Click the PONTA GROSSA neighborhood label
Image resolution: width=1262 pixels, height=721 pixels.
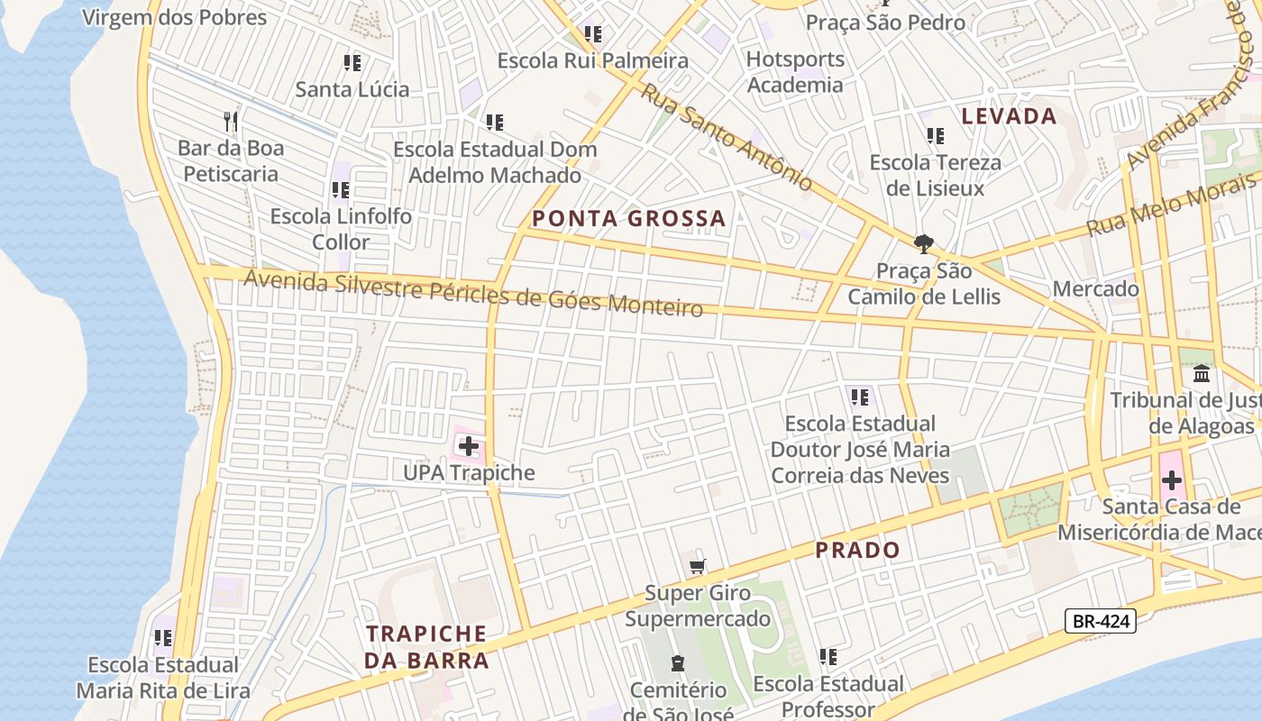(628, 218)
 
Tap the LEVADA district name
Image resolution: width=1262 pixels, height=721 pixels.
(1009, 115)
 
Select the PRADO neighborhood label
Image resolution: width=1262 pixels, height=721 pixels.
(857, 550)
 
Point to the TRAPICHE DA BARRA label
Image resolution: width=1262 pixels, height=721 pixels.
(426, 647)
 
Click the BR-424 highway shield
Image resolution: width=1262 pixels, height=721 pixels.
(1100, 620)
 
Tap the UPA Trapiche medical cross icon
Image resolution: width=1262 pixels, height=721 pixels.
(469, 445)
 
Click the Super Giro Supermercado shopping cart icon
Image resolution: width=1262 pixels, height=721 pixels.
(697, 567)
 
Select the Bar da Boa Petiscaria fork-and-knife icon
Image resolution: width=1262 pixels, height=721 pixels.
(231, 121)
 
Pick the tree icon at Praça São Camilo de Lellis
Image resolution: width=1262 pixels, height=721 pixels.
(923, 243)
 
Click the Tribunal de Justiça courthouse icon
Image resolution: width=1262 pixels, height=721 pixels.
(1202, 373)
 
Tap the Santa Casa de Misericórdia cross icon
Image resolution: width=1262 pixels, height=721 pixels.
(1171, 479)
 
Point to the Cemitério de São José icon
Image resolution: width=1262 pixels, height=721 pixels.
(677, 664)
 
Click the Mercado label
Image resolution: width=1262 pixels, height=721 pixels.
(1096, 289)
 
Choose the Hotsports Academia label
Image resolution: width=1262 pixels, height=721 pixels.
(795, 72)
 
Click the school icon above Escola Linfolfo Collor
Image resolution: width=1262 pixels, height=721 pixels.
(340, 189)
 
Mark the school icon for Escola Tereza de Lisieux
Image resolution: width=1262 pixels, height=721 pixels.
(936, 136)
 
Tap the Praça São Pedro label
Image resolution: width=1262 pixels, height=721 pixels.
(885, 23)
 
